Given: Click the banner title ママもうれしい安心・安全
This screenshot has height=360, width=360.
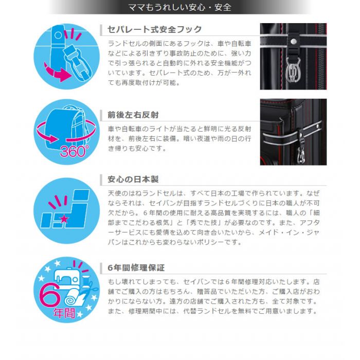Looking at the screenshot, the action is point(179,7).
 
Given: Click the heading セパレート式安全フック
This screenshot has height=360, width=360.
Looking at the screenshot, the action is point(155,29).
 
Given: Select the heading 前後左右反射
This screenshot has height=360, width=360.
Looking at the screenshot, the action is point(133,115).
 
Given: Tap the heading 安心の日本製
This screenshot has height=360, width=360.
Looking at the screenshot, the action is point(133,179).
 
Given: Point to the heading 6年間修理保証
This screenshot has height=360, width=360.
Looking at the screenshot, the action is point(136,268).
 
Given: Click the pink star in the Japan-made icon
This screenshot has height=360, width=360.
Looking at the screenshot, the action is point(64,219).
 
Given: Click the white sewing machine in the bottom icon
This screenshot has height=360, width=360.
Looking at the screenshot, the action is point(66,277).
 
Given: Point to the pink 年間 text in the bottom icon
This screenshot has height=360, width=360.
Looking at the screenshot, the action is point(64,313).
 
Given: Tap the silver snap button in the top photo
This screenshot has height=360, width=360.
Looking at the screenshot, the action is point(293,42).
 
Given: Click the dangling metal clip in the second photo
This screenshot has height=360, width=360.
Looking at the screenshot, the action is point(301,155).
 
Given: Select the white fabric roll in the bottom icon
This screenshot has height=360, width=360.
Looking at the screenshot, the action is point(74,298).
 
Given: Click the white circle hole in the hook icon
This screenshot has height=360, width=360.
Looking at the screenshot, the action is point(58,35).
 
